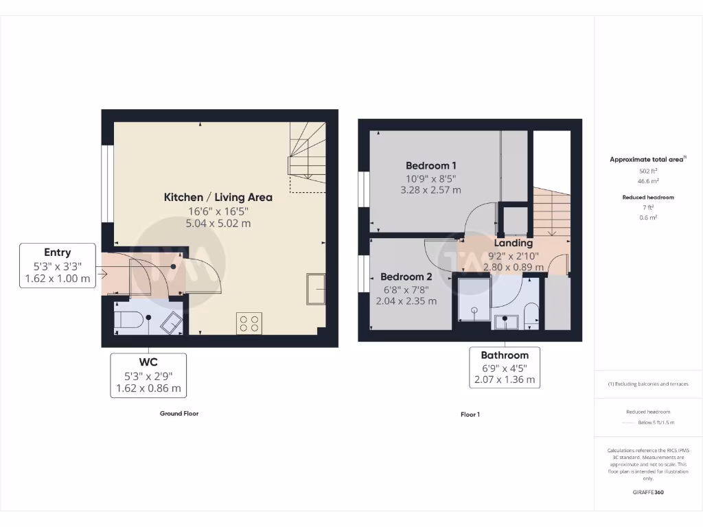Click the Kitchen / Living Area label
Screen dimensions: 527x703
(x=218, y=197)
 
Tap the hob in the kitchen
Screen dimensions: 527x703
(x=249, y=323)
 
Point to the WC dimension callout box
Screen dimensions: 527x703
(x=148, y=375)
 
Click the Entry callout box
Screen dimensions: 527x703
(x=58, y=266)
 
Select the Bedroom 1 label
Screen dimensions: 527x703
(x=431, y=165)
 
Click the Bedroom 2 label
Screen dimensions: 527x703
(x=406, y=277)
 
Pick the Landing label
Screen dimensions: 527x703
(x=514, y=243)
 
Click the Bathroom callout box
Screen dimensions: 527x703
(x=505, y=368)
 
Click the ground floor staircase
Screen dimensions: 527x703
(x=306, y=156)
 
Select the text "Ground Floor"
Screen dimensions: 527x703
(x=179, y=414)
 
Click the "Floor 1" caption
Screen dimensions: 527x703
(x=470, y=414)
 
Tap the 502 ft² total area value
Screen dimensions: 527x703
(x=648, y=171)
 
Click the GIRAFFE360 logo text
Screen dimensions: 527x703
(x=648, y=492)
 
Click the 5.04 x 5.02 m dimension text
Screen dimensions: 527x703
(x=218, y=223)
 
